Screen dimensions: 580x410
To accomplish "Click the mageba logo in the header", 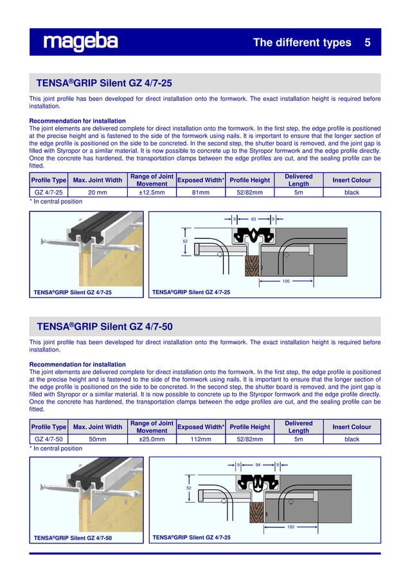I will click(80, 42).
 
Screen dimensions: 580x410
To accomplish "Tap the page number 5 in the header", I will click(368, 43).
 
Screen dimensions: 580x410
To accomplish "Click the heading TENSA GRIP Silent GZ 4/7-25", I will click(104, 83).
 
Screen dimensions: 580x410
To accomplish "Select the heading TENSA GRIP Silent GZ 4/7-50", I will click(104, 326).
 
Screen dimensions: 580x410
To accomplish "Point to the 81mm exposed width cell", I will click(201, 192).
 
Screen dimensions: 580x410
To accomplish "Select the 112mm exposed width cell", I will click(201, 439).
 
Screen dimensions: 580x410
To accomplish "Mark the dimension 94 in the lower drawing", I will click(258, 464).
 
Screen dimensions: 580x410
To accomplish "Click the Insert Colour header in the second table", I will click(352, 427).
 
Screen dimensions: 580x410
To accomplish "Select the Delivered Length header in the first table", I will click(298, 180).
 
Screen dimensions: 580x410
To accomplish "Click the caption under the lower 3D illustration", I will click(73, 538).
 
